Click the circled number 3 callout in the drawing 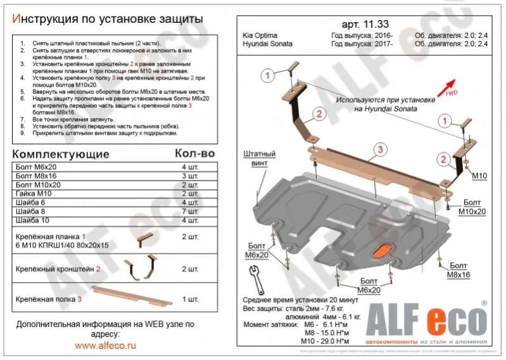pos(379,150)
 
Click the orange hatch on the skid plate pos(381,251)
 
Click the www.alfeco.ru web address pos(105,346)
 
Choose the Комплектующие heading pos(61,154)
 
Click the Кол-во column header pos(194,154)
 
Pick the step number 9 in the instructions pos(22,134)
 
